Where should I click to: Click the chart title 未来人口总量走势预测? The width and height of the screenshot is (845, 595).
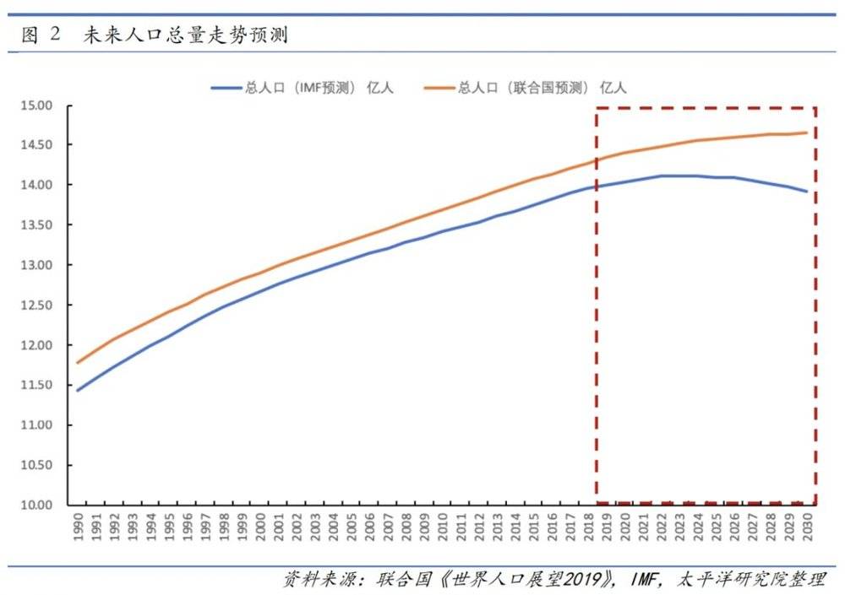[x=185, y=35]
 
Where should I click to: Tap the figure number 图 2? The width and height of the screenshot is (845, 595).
[x=40, y=35]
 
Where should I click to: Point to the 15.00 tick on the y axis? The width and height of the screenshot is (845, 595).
[x=36, y=105]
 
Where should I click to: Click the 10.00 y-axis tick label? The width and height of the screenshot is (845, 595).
[x=36, y=505]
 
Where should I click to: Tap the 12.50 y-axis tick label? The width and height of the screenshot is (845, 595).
[x=36, y=306]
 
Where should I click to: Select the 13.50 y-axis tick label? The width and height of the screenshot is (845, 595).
[x=36, y=225]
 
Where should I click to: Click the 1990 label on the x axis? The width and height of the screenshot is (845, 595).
[x=78, y=529]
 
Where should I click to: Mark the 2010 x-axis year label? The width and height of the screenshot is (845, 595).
[x=442, y=529]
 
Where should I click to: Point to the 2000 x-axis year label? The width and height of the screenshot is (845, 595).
[x=260, y=529]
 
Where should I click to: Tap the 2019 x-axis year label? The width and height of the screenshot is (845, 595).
[x=606, y=529]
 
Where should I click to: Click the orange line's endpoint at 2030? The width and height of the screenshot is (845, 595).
[x=807, y=133]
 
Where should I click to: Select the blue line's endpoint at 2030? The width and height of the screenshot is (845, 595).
[x=807, y=192]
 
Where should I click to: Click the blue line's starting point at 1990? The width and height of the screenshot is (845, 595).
[x=78, y=391]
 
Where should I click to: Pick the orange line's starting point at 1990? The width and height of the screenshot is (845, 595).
[x=78, y=363]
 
